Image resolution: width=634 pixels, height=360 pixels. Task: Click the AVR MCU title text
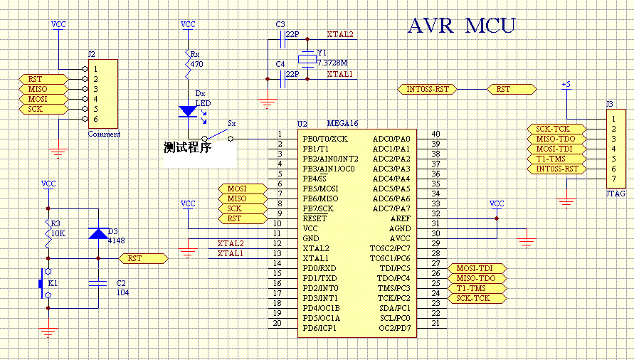461,26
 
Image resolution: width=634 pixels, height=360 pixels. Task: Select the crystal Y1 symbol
307,59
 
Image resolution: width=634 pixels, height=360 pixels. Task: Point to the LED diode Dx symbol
188,110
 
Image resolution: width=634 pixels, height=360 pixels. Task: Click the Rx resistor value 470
197,64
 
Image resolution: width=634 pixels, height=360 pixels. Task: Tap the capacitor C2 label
120,282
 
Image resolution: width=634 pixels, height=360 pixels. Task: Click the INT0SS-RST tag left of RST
427,89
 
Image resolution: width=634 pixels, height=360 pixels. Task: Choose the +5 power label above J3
566,84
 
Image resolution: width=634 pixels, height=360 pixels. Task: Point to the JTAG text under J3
615,193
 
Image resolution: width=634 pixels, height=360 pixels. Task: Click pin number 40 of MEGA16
435,134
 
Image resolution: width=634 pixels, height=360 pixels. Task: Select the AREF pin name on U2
400,218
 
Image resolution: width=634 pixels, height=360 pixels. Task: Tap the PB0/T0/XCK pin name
325,138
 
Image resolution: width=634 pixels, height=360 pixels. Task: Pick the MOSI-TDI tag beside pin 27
476,268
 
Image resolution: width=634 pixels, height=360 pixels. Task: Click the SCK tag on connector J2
35,109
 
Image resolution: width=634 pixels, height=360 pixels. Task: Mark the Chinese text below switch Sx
187,149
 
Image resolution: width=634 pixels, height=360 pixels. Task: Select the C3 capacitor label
280,24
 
